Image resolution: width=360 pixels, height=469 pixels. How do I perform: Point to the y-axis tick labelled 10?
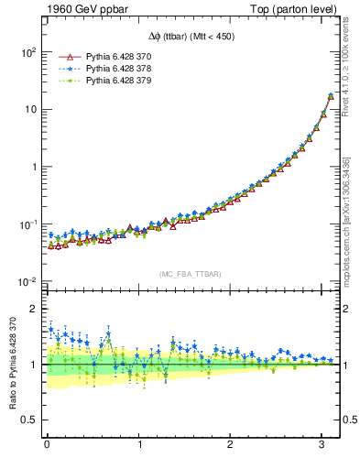point(29,110)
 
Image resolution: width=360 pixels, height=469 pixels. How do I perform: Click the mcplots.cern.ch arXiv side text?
point(345,219)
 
